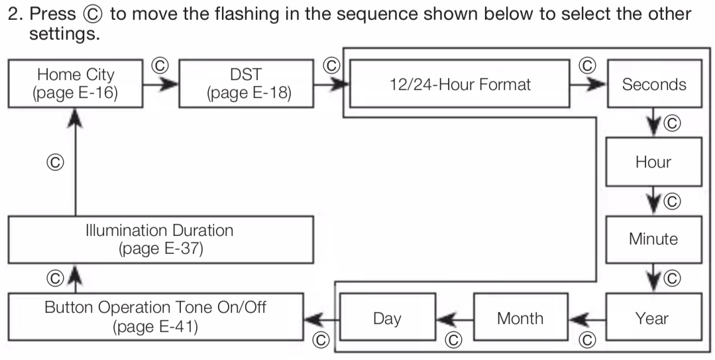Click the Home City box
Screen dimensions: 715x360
coord(76,84)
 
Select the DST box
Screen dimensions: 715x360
coord(247,84)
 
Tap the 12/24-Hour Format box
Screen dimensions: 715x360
coord(460,84)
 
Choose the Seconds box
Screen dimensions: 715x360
coord(654,84)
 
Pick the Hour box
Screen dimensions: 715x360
coord(654,162)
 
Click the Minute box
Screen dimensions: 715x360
coord(654,239)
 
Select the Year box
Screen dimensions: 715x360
coord(654,317)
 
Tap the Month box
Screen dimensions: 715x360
coord(521,317)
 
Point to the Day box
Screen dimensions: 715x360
coord(388,317)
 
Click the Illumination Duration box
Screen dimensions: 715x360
coord(160,239)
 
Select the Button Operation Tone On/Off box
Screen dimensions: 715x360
coord(156,317)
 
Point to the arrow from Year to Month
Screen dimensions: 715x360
coord(587,320)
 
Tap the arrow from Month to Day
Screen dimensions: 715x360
coord(455,320)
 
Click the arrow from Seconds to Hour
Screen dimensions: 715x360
coord(654,122)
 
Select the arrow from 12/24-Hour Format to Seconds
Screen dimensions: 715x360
coord(588,84)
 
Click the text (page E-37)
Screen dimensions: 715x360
coord(160,249)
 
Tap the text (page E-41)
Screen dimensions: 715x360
coord(156,327)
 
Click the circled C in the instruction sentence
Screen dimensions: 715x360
coord(93,14)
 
